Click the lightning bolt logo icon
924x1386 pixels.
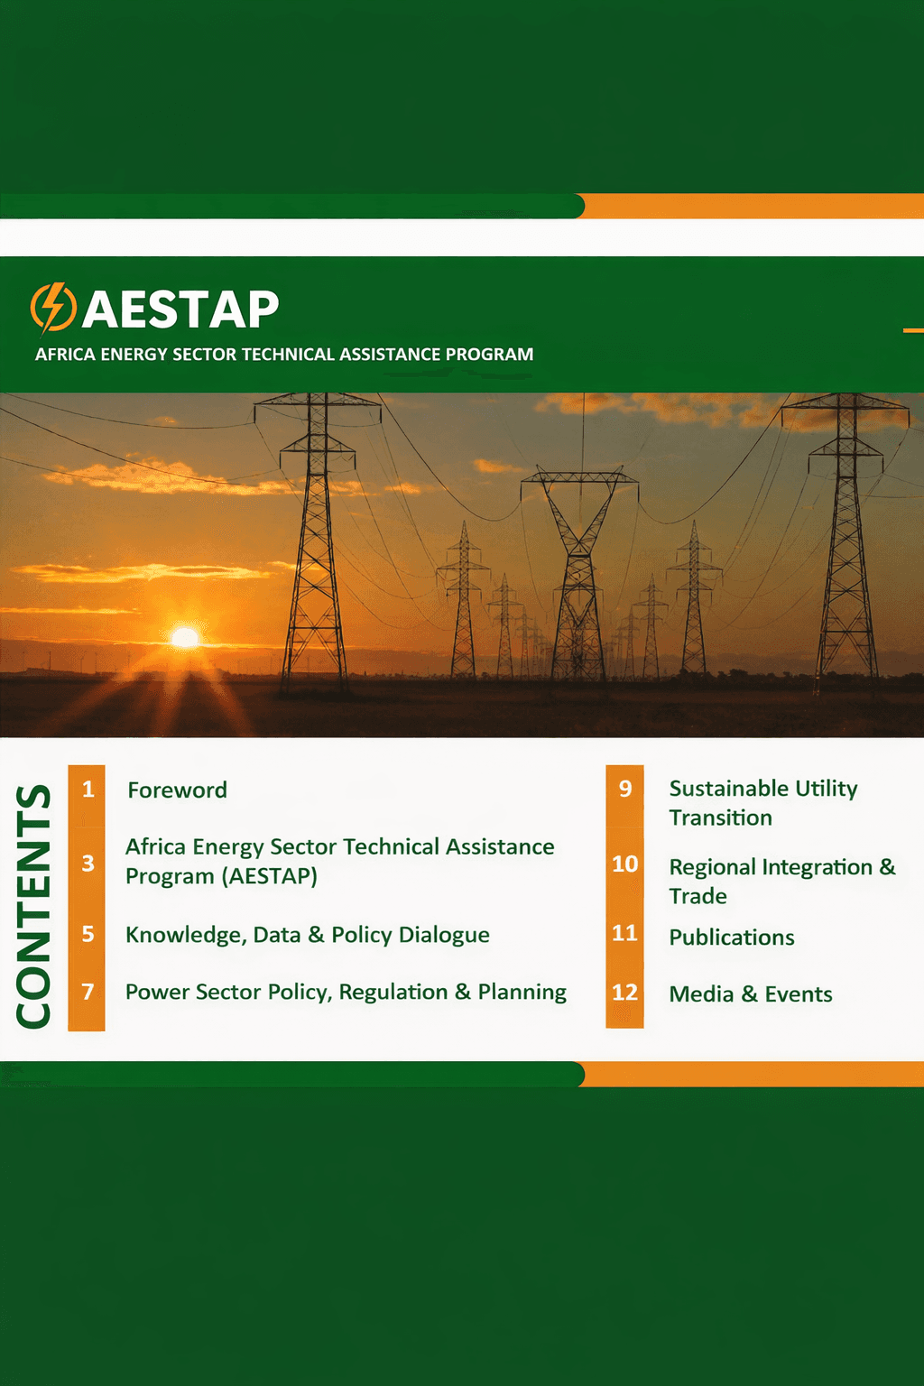click(x=53, y=308)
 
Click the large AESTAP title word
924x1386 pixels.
click(x=180, y=310)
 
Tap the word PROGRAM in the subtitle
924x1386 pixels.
click(x=488, y=355)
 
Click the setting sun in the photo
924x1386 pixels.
click(x=185, y=638)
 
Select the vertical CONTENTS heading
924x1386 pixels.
click(x=35, y=905)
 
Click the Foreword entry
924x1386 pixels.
click(x=177, y=790)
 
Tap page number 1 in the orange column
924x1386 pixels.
click(x=88, y=790)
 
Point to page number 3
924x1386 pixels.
click(x=88, y=864)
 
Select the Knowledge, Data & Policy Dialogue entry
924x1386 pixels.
click(x=307, y=935)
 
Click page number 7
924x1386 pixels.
click(x=88, y=992)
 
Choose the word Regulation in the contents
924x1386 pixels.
click(x=393, y=993)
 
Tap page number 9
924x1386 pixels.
click(x=624, y=790)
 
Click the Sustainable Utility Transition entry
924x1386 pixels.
click(x=762, y=802)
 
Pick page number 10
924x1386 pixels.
click(x=624, y=864)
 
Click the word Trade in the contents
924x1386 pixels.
click(x=698, y=896)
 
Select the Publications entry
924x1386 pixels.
click(x=731, y=938)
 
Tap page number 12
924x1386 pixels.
click(x=624, y=993)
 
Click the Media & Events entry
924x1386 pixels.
click(x=750, y=994)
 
